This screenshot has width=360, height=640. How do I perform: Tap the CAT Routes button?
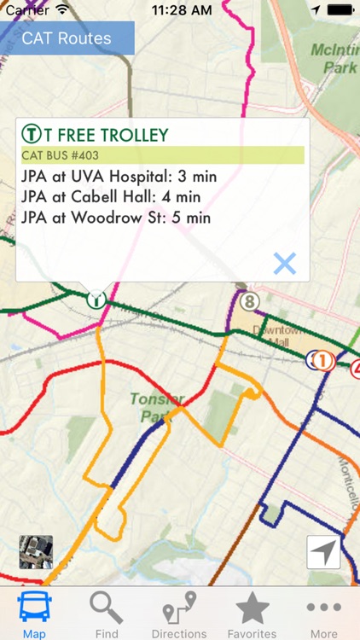tap(67, 38)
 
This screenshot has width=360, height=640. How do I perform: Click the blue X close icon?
tap(284, 263)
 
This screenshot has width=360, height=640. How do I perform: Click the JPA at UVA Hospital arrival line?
tap(119, 177)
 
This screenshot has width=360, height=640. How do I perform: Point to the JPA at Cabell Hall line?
tap(115, 197)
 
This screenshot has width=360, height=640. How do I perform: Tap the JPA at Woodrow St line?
tap(116, 218)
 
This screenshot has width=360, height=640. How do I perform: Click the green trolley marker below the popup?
tap(96, 300)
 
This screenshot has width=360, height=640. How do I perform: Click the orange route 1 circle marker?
tap(322, 361)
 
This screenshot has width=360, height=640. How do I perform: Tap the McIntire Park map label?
tap(334, 57)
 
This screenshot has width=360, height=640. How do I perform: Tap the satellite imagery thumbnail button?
tap(36, 552)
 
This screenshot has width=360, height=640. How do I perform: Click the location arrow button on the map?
tap(324, 552)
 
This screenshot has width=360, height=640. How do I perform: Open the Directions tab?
tap(179, 613)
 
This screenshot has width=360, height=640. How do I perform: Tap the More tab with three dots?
tap(323, 613)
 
